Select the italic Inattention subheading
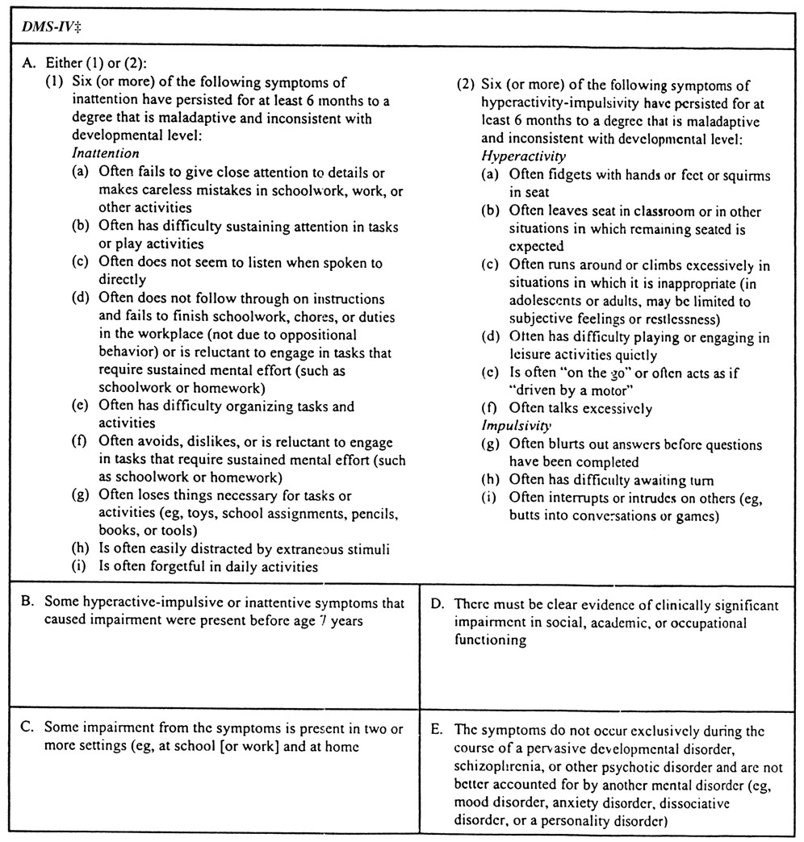[105, 153]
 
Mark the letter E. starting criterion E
[438, 730]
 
